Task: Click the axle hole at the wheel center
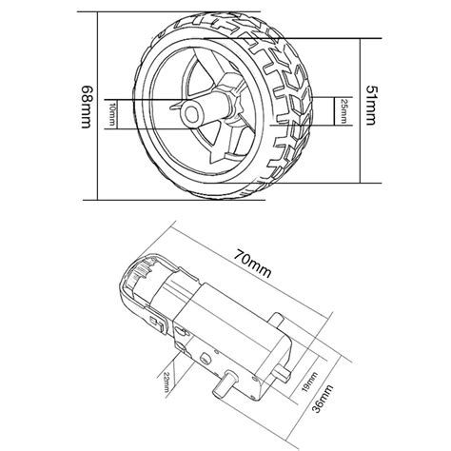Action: (x=196, y=113)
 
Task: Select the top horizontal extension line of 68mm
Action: (x=133, y=12)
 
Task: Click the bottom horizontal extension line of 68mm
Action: (x=133, y=199)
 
